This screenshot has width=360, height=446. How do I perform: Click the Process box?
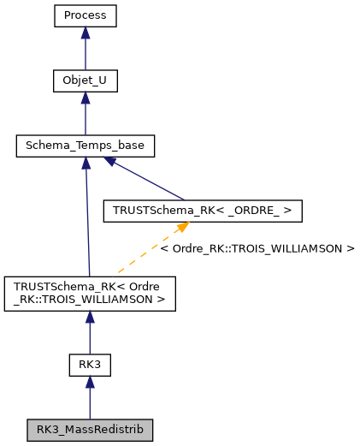coord(85,15)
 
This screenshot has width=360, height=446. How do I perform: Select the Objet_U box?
coord(85,81)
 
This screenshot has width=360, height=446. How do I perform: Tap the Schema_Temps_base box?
coord(85,146)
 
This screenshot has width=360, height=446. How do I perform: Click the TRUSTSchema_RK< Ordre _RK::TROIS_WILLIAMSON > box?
coord(90,293)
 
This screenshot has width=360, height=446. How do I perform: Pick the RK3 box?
coord(90,364)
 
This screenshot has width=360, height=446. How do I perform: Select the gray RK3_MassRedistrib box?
coord(90,429)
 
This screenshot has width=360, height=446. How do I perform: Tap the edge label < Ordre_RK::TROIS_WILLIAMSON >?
coord(257,248)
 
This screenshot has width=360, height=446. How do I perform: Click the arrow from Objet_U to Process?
coord(85,51)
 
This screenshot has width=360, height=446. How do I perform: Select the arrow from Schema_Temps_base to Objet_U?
coord(85,116)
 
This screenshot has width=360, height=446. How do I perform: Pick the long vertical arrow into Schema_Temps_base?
coord(86,223)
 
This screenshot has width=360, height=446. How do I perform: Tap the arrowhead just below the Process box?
coord(85,33)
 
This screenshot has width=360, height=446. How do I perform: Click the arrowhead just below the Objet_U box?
coord(85,98)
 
